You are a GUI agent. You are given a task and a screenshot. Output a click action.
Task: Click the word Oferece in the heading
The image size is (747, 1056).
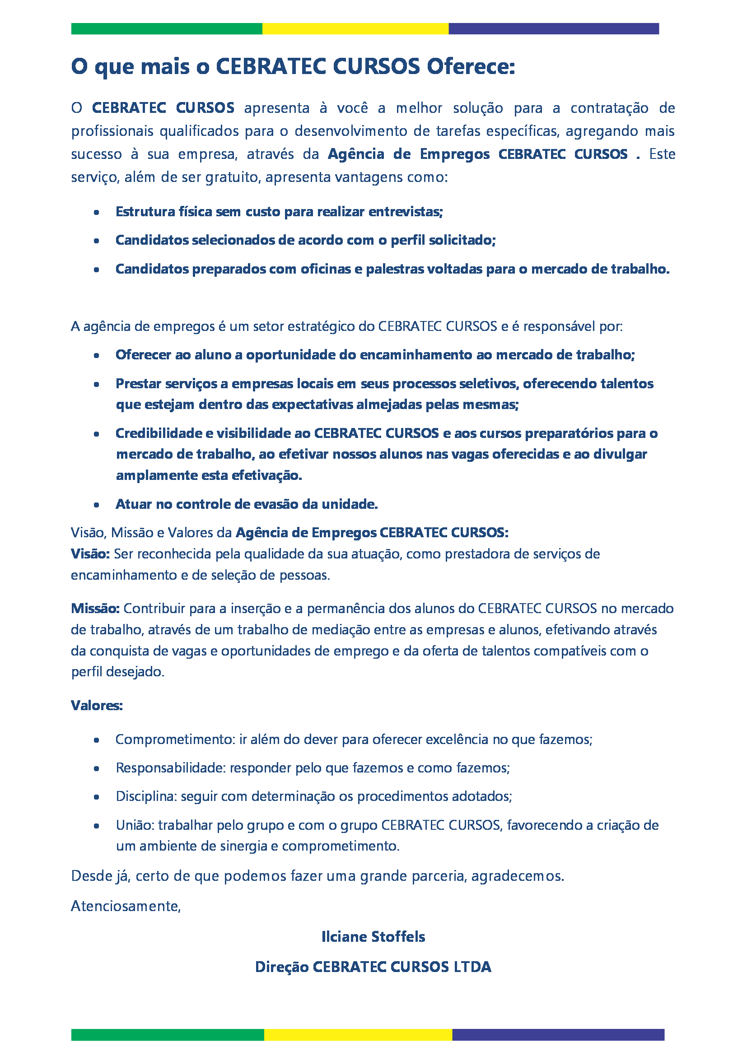(470, 67)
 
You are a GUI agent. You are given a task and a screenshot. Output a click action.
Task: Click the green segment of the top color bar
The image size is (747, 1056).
(167, 28)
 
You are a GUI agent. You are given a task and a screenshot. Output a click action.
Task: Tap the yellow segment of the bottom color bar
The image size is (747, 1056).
(358, 1035)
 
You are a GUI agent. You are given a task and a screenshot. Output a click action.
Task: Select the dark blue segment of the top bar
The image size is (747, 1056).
(553, 28)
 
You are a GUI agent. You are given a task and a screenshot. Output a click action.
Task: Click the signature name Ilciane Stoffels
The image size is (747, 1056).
(373, 937)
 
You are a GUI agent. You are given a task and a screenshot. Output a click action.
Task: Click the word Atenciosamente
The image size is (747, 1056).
(126, 906)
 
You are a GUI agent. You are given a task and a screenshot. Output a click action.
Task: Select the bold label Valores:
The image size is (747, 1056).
(97, 706)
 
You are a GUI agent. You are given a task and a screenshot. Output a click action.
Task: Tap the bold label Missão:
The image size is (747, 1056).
(95, 609)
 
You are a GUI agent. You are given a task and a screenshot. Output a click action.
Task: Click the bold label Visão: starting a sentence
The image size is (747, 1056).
(90, 554)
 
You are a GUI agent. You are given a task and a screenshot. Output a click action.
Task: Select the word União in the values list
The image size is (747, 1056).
(135, 826)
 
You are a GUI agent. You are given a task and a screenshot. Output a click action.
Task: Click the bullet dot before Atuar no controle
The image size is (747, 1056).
(97, 505)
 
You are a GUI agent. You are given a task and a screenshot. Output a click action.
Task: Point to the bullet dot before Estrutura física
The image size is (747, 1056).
(97, 212)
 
